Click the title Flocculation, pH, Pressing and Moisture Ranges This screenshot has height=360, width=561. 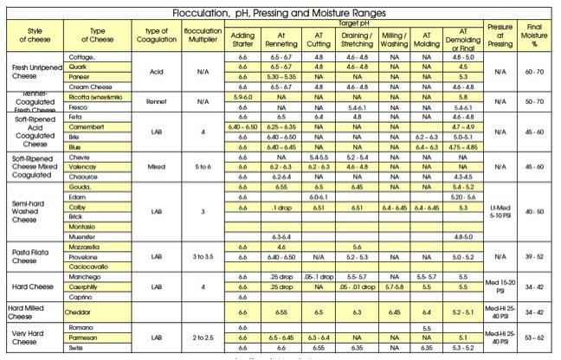(280, 11)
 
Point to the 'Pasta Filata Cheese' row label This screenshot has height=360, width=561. (33, 256)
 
